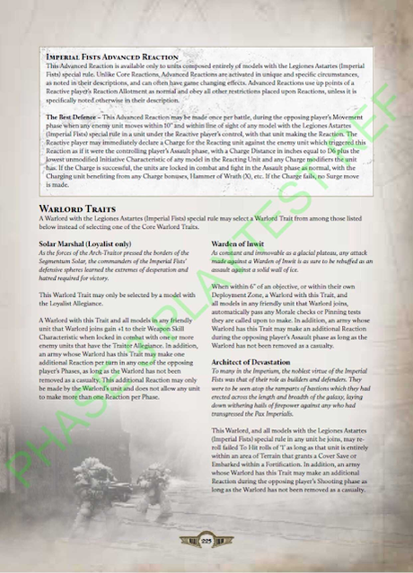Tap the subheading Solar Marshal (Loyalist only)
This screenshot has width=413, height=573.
tap(87, 242)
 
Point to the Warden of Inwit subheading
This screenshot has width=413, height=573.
tap(237, 242)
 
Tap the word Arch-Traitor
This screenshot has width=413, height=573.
tap(112, 252)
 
